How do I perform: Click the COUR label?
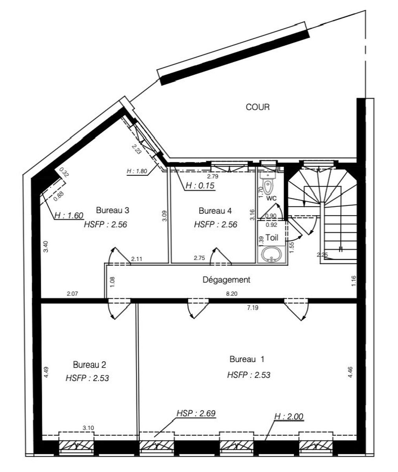pos(257,107)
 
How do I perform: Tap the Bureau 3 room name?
pos(112,210)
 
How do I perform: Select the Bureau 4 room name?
pos(215,211)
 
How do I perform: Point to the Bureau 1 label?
pos(247,359)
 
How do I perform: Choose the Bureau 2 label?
pos(90,365)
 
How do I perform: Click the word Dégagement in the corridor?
pos(226,280)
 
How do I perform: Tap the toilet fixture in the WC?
pos(268,183)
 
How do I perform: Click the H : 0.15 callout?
pos(200,186)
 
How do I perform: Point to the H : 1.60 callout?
pos(69,216)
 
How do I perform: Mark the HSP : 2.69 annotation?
pos(196,413)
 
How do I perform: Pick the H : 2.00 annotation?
pos(289,416)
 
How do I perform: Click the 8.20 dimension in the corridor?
pos(232,294)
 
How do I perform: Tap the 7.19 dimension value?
pos(253,308)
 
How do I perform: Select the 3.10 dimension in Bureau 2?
pos(88,428)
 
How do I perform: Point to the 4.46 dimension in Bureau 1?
pos(350,372)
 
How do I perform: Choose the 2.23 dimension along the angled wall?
pos(136,149)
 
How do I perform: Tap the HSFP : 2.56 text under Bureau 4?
pos(216,224)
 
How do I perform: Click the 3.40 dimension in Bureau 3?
pos(46,247)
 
